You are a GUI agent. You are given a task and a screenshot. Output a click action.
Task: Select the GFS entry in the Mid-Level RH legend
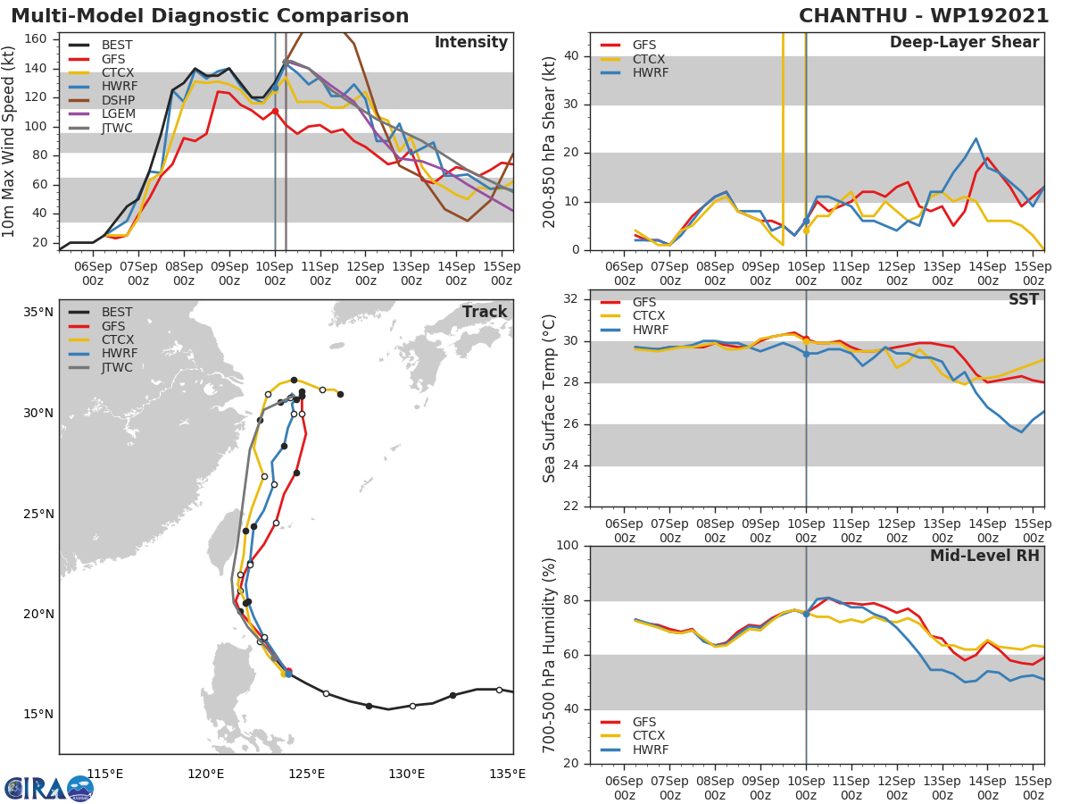click(x=643, y=722)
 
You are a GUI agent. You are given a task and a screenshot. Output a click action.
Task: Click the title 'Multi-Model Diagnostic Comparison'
click(x=210, y=16)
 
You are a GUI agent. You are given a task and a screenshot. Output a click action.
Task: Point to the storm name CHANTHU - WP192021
click(x=924, y=16)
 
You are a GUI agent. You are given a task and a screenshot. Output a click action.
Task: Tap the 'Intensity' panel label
click(x=470, y=43)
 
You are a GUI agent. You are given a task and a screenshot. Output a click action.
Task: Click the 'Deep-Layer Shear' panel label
click(x=964, y=43)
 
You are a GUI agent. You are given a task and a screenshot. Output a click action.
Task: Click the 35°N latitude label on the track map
click(x=38, y=313)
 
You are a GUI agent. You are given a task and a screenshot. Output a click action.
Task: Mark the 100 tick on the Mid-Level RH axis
click(x=568, y=546)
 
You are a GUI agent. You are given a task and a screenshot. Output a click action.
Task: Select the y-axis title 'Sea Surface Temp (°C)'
click(x=550, y=398)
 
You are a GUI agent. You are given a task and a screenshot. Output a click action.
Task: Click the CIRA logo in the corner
click(x=48, y=788)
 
